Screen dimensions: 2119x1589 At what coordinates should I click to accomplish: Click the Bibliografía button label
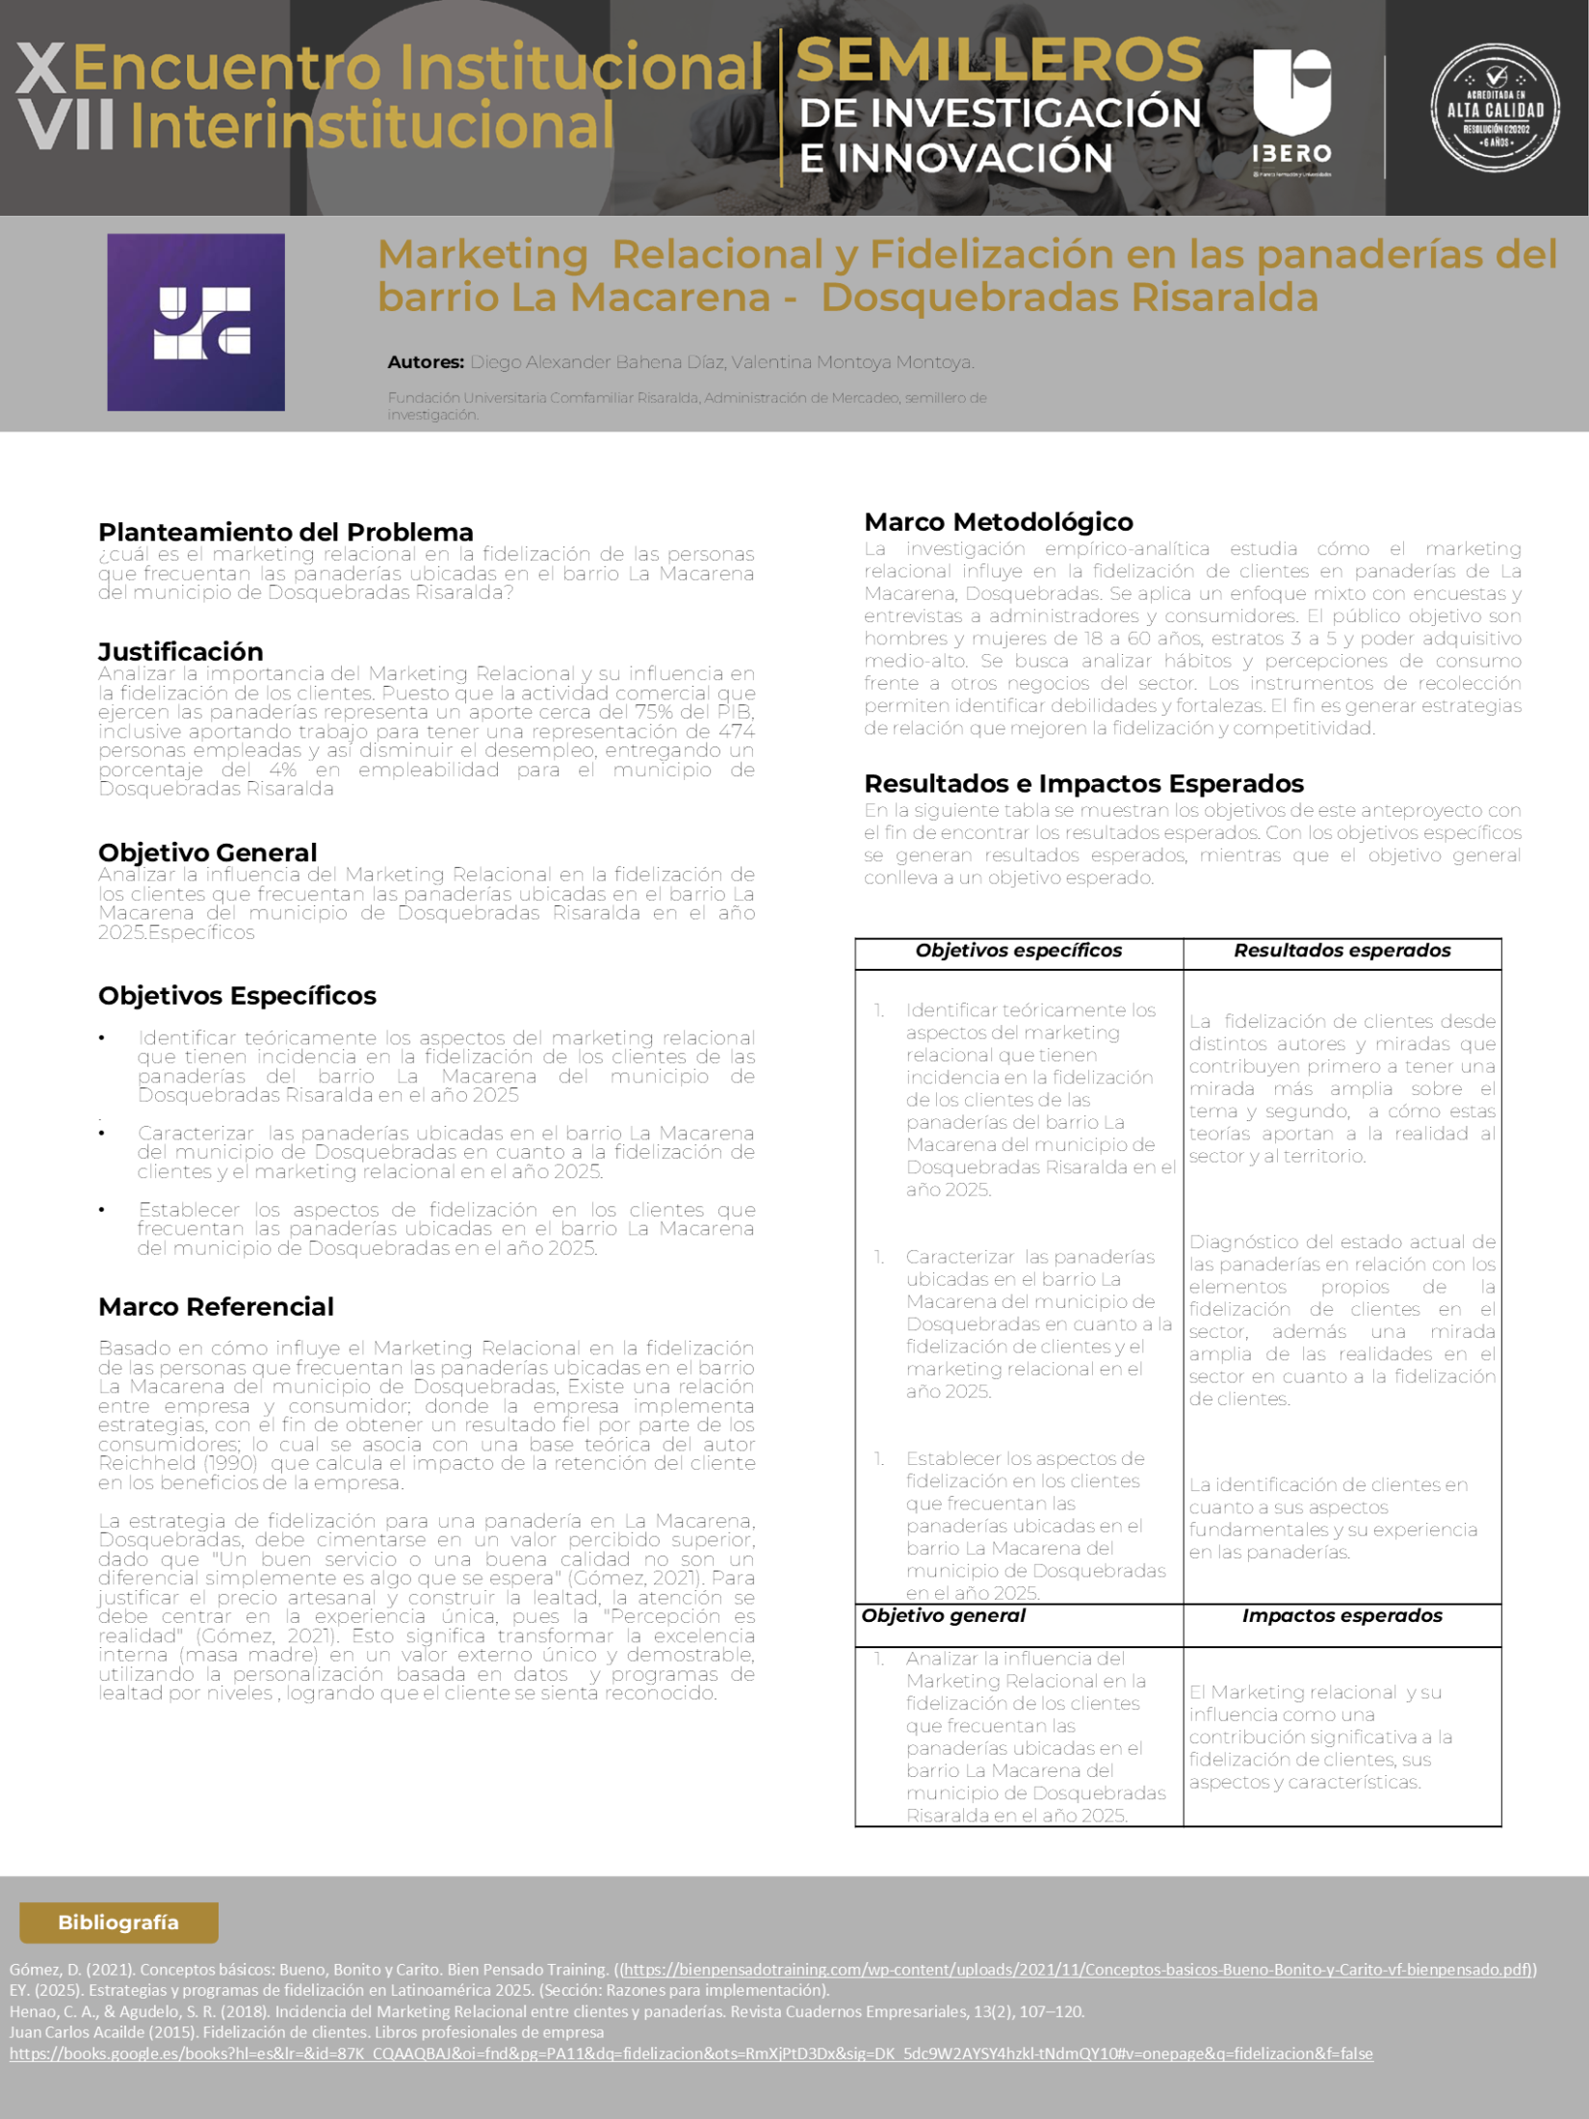click(x=118, y=1922)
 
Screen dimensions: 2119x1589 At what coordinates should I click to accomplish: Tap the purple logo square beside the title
click(x=195, y=322)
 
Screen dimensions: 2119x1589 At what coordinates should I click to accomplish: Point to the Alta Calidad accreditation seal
click(x=1495, y=108)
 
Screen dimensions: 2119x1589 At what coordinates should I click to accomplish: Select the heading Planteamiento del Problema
click(x=286, y=532)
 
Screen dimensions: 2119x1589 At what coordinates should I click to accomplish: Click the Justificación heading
click(x=180, y=651)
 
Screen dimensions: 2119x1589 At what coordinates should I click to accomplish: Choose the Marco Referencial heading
click(x=216, y=1306)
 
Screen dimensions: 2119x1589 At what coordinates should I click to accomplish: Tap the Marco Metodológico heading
click(x=998, y=522)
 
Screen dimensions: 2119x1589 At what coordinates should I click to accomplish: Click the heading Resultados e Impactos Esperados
click(x=1083, y=783)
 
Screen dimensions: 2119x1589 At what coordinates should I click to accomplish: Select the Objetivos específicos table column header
click(x=1018, y=951)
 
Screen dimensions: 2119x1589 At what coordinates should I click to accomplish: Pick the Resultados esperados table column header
click(x=1342, y=951)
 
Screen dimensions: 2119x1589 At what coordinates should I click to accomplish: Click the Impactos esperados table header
click(x=1342, y=1615)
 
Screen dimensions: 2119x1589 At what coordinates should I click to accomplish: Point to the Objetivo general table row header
click(x=943, y=1615)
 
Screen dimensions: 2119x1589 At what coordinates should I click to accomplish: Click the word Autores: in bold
click(x=425, y=362)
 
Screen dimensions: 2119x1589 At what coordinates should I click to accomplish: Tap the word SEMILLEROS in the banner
click(x=999, y=60)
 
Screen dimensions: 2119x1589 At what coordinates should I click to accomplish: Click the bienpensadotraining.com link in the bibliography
click(x=1079, y=1970)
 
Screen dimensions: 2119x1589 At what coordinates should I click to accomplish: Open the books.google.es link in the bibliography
click(x=690, y=2053)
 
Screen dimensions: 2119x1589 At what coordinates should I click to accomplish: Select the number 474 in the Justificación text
click(x=736, y=731)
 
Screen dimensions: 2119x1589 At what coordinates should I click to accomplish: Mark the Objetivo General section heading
click(x=207, y=852)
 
